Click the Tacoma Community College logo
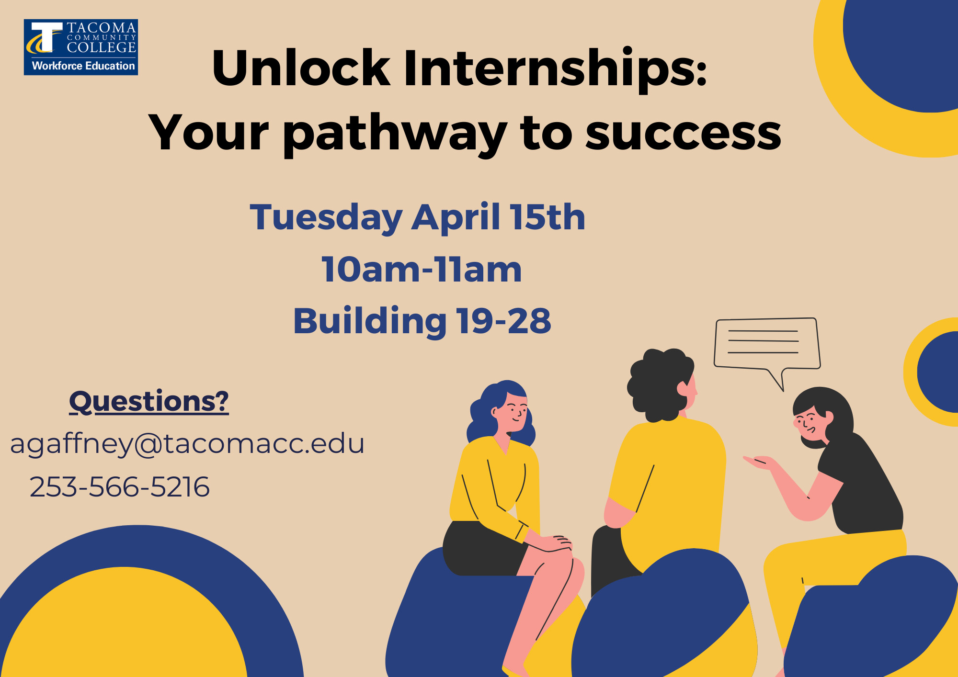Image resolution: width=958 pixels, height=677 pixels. pyautogui.click(x=81, y=47)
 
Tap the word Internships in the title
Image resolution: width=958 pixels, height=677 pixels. pyautogui.click(x=555, y=68)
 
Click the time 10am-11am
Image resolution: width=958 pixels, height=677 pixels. pyautogui.click(x=422, y=269)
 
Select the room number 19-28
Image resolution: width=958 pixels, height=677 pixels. pyautogui.click(x=504, y=320)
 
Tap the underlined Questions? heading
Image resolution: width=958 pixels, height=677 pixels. pyautogui.click(x=149, y=401)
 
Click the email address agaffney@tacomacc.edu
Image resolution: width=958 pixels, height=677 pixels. pyautogui.click(x=187, y=444)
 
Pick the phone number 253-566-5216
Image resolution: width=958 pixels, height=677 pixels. pyautogui.click(x=120, y=487)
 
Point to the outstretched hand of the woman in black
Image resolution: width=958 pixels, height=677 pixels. pyautogui.click(x=760, y=462)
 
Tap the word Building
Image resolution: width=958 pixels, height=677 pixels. pyautogui.click(x=370, y=321)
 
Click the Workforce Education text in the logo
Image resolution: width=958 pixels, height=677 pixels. pyautogui.click(x=83, y=66)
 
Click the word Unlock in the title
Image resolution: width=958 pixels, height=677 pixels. pyautogui.click(x=301, y=68)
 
